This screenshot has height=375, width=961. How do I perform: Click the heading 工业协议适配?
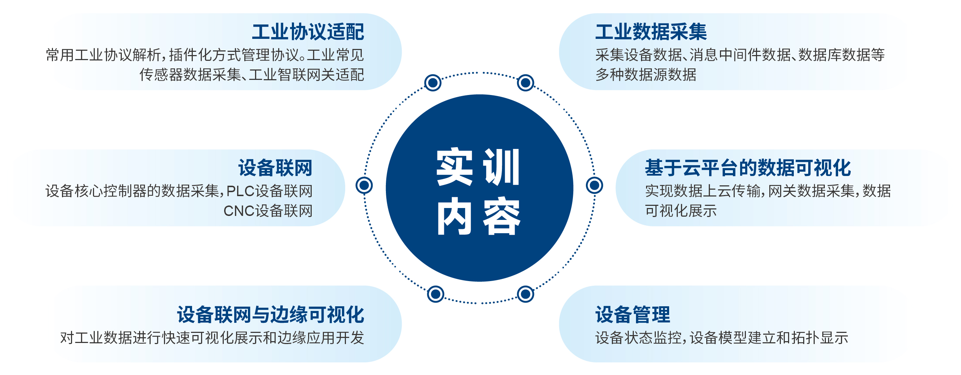(308, 32)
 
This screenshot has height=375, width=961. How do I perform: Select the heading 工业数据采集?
(651, 32)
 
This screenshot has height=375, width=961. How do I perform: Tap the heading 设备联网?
(275, 168)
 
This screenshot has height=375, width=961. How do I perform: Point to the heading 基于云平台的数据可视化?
(748, 168)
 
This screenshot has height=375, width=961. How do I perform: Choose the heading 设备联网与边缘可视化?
(271, 315)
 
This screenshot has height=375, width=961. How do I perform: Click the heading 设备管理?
(633, 315)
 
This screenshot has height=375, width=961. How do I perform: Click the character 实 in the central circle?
(455, 167)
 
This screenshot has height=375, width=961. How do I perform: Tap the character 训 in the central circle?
(502, 167)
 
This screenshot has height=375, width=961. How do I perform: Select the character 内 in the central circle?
(455, 216)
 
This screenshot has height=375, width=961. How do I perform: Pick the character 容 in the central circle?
(502, 216)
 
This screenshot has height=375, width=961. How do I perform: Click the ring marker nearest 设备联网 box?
(364, 185)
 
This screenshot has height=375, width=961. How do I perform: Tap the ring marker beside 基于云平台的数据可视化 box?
(594, 185)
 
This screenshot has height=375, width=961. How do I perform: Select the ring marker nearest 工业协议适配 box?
(433, 83)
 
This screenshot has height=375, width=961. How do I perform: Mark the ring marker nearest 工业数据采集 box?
(526, 83)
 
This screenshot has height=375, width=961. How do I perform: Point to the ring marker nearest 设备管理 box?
(526, 294)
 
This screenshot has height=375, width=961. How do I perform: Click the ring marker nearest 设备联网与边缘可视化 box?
(435, 294)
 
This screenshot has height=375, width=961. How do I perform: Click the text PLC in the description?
(240, 191)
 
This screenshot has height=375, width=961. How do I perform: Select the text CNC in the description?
(239, 211)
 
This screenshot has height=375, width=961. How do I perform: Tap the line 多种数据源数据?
(646, 74)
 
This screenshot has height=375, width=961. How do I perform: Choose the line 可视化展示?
(681, 211)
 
